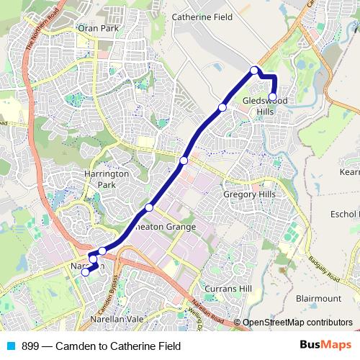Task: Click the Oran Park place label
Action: click(x=98, y=29)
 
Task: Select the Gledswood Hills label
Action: click(x=265, y=105)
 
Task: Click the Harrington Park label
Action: click(x=106, y=179)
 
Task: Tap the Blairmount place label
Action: click(x=318, y=297)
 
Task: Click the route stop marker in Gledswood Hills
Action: click(x=273, y=96)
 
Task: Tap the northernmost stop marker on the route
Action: click(x=254, y=70)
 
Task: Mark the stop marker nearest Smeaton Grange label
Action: click(x=149, y=207)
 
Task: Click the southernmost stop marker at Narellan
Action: click(x=86, y=272)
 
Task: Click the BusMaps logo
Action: click(x=322, y=346)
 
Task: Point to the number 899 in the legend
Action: click(x=30, y=346)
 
